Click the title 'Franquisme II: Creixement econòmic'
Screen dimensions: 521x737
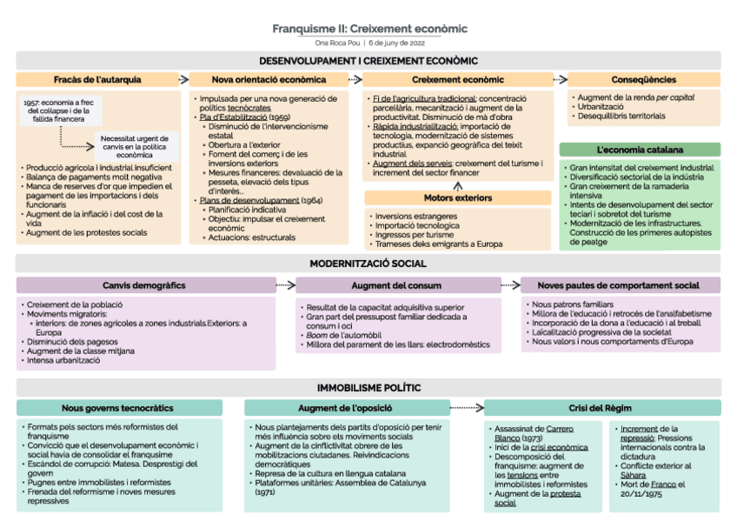(369, 29)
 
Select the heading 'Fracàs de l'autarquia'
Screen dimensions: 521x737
(97, 79)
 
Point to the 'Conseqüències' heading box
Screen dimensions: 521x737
(644, 79)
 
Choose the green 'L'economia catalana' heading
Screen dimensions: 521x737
(640, 150)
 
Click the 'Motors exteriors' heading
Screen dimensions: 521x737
(457, 197)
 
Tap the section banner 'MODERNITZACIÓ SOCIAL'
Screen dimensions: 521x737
(368, 263)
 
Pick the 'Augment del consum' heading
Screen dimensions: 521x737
(397, 285)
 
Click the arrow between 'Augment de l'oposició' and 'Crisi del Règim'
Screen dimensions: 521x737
(467, 407)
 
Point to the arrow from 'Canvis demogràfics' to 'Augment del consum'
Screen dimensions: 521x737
(284, 284)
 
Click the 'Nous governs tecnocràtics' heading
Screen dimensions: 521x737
(118, 408)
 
